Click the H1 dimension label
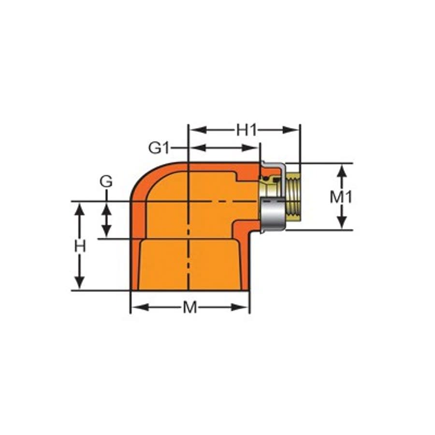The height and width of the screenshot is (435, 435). [x=246, y=130]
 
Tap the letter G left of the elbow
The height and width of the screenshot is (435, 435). [x=106, y=182]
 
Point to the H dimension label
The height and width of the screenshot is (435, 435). [x=80, y=246]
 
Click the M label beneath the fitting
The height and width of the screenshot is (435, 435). [x=190, y=307]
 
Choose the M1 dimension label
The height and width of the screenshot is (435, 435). [x=342, y=197]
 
